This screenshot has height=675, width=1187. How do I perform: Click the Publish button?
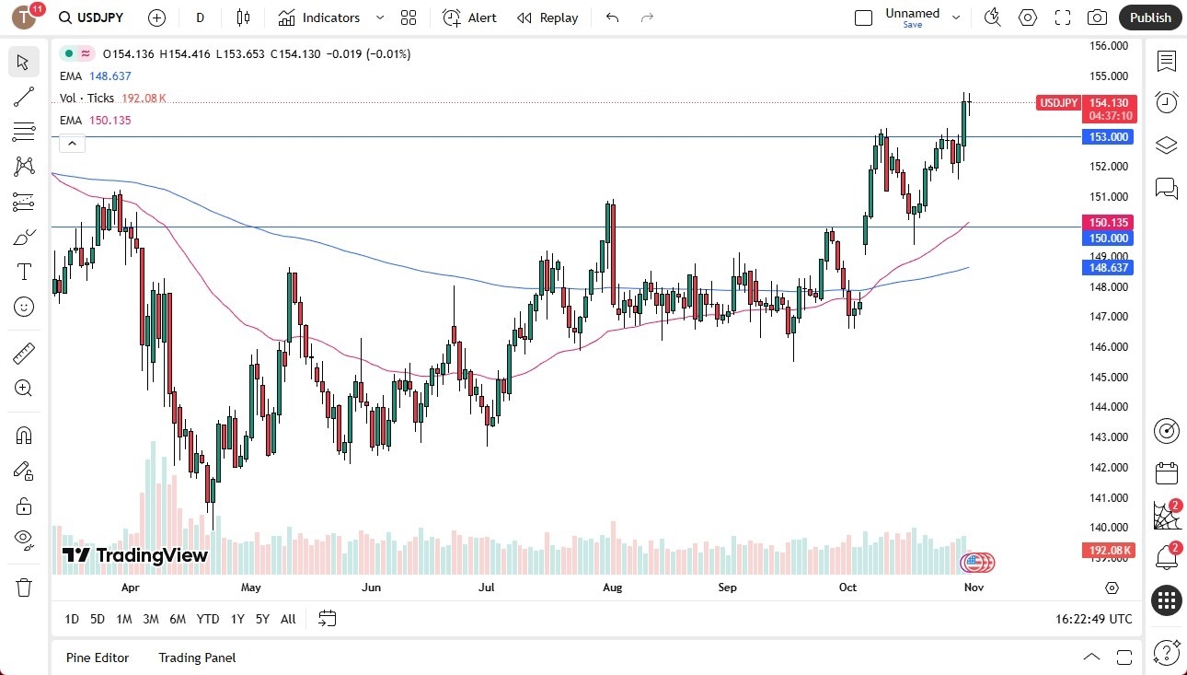1150,17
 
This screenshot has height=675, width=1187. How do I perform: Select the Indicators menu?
319,17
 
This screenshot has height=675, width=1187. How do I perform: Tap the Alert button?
469,17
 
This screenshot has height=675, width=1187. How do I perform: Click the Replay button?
547,17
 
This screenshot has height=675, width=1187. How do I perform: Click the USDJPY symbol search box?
92,17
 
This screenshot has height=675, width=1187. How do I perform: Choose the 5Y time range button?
262,619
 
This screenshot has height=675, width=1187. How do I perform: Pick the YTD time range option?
208,619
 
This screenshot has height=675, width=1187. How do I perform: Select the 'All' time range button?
288,619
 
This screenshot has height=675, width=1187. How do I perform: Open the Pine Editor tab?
98,658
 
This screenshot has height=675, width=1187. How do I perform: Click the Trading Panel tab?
197,658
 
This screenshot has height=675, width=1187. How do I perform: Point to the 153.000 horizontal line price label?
1110,137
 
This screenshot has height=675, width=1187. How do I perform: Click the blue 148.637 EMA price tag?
1110,268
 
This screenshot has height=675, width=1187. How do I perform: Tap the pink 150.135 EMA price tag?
1110,223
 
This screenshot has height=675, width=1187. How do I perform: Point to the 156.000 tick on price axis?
1108,46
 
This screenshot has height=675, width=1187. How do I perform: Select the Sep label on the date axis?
727,587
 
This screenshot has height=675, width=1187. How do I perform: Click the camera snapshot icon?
1097,17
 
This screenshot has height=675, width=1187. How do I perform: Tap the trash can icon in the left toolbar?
24,587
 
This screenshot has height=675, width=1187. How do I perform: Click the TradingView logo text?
135,555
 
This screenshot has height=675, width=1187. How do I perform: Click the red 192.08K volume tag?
1110,551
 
